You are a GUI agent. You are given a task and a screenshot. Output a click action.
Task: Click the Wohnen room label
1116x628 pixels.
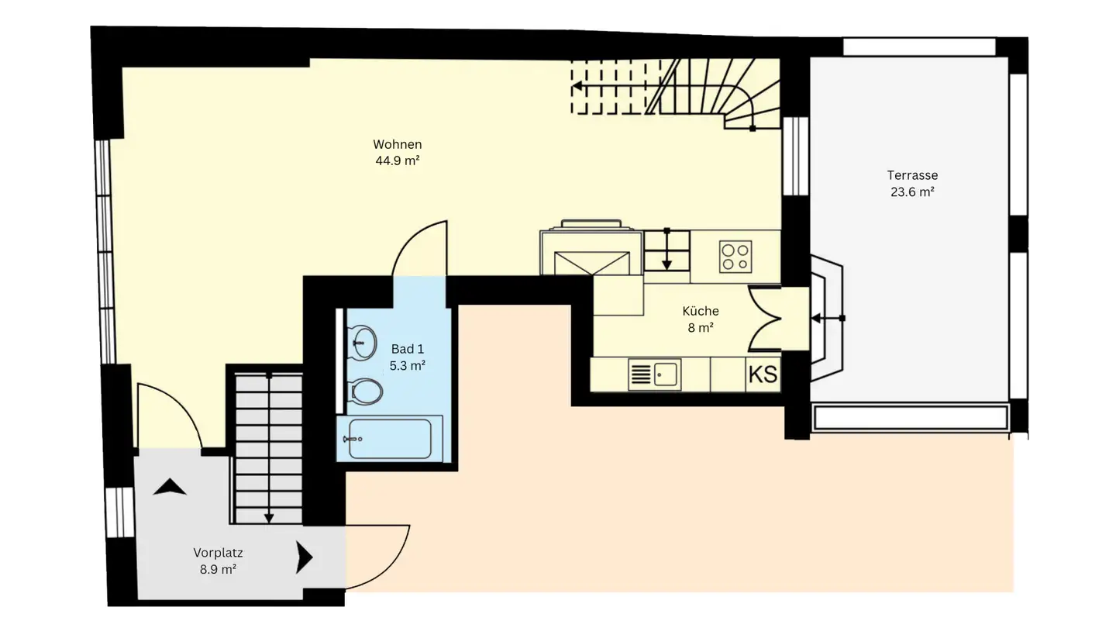397,144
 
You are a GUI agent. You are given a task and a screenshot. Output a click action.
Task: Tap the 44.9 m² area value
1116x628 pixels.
397,161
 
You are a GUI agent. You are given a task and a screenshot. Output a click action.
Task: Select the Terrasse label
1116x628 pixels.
912,175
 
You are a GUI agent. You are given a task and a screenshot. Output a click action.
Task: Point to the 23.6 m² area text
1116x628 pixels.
912,192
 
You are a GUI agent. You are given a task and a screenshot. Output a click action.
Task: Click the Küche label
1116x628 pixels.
700,311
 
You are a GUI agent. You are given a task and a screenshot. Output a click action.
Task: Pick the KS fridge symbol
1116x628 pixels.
763,374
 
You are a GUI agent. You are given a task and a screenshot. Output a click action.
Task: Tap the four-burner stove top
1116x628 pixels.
735,257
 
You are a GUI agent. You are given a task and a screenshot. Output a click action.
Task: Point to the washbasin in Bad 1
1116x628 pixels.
362,341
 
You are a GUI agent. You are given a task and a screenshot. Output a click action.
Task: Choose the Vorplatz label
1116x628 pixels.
218,553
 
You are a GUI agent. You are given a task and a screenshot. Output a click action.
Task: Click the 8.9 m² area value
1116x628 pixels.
218,569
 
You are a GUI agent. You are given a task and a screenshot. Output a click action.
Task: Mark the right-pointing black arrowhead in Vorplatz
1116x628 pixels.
304,557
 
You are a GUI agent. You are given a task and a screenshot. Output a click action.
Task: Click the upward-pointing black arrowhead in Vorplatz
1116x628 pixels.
170,487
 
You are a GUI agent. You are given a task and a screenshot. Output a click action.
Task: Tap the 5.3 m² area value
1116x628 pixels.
407,366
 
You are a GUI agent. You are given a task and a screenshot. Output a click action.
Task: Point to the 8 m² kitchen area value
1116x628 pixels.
700,328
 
